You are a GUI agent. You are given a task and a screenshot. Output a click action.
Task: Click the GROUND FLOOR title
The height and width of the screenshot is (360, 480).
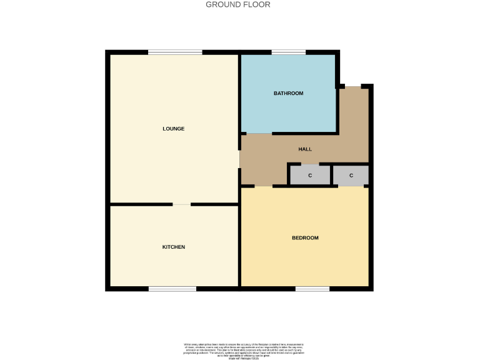[x=238, y=4]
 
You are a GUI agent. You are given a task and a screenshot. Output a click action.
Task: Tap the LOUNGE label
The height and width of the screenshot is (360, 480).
[x=173, y=129]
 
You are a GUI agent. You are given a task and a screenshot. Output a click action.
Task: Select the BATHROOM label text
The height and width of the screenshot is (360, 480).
[x=288, y=93]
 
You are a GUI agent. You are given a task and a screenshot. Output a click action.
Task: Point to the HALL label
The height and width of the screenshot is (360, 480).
[x=304, y=149]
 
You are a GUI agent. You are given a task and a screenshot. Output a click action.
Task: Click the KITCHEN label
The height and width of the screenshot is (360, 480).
[x=173, y=247]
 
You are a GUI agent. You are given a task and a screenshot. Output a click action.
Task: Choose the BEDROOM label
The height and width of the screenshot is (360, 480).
[x=305, y=237]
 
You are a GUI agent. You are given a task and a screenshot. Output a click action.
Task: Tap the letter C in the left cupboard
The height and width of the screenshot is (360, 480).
[x=310, y=176]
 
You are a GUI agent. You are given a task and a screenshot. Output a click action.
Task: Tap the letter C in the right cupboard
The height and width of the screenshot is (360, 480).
[x=351, y=176]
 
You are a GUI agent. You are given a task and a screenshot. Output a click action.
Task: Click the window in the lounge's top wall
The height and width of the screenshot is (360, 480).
[x=175, y=52]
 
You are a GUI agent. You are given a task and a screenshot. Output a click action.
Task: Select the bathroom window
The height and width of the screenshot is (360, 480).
[x=288, y=52]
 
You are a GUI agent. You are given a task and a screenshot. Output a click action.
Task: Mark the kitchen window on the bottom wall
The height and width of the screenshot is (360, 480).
[x=172, y=289]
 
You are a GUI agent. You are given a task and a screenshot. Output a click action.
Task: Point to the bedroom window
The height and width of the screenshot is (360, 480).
[x=312, y=289]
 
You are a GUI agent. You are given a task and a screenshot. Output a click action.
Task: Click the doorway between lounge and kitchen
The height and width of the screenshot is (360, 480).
[x=182, y=204]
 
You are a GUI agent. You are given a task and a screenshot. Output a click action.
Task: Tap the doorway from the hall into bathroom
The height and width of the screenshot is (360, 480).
[x=259, y=134]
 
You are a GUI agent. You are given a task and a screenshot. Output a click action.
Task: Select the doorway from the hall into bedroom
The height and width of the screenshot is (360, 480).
[x=263, y=186]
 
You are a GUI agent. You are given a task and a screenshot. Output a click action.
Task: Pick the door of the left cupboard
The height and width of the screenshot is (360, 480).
[x=310, y=164]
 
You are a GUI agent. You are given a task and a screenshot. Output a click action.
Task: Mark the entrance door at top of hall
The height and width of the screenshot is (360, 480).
[x=352, y=86]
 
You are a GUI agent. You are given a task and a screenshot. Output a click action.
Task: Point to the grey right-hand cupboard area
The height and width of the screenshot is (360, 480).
[x=351, y=175]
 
